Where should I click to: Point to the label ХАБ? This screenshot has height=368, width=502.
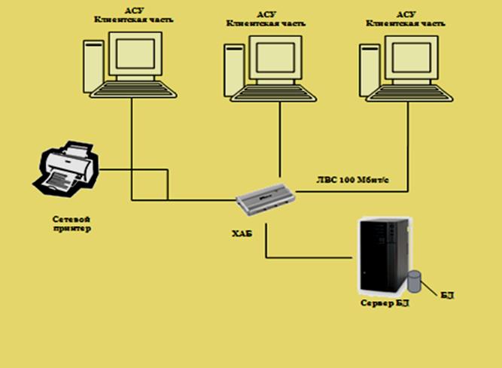[242, 235]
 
